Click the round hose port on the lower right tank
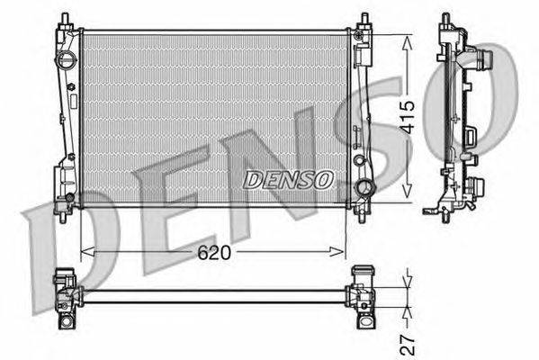click(x=364, y=188)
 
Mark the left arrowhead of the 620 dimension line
click(x=85, y=253)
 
